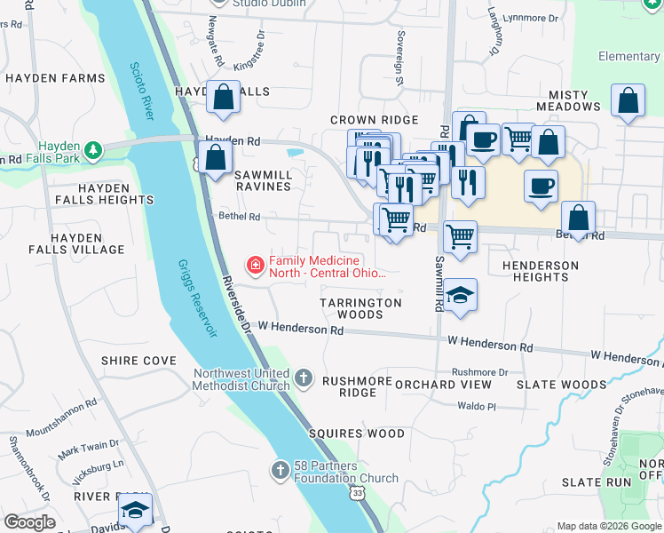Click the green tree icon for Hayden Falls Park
click(92, 149)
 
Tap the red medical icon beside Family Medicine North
click(255, 265)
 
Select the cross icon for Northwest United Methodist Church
click(304, 379)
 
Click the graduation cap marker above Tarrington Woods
click(460, 296)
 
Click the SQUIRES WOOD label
click(357, 434)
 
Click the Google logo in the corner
click(29, 522)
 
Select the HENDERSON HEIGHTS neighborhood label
click(540, 271)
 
